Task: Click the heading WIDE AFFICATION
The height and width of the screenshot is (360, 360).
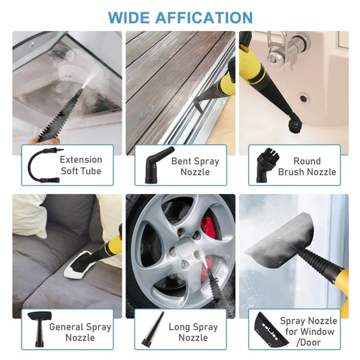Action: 180,17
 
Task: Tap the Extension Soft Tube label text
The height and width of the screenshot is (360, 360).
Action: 80,165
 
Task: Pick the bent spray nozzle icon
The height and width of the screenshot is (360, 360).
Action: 154,164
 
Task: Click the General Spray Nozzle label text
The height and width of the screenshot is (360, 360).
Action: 80,332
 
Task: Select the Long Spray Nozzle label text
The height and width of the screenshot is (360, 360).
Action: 193,332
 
